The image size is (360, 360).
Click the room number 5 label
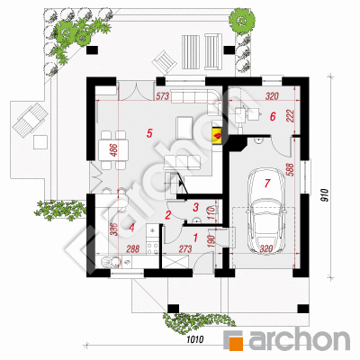click(149, 133)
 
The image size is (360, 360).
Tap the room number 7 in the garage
click(267, 183)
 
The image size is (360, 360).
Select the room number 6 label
click(273, 116)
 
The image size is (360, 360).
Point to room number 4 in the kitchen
click(131, 228)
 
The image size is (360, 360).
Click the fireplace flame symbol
click(217, 136)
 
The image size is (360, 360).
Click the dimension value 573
click(163, 96)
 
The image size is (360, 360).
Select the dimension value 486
click(114, 150)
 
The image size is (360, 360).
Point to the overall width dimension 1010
click(195, 339)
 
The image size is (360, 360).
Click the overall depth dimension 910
click(327, 196)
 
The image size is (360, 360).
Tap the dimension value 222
click(292, 116)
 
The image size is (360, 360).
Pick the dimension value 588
click(292, 171)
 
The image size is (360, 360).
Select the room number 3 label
click(196, 207)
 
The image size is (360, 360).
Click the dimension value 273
click(185, 248)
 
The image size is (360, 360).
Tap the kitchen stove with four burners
click(153, 247)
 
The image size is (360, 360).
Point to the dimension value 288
click(133, 248)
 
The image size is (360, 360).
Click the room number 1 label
click(195, 238)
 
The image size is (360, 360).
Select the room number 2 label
click(168, 215)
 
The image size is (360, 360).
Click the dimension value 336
click(113, 229)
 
